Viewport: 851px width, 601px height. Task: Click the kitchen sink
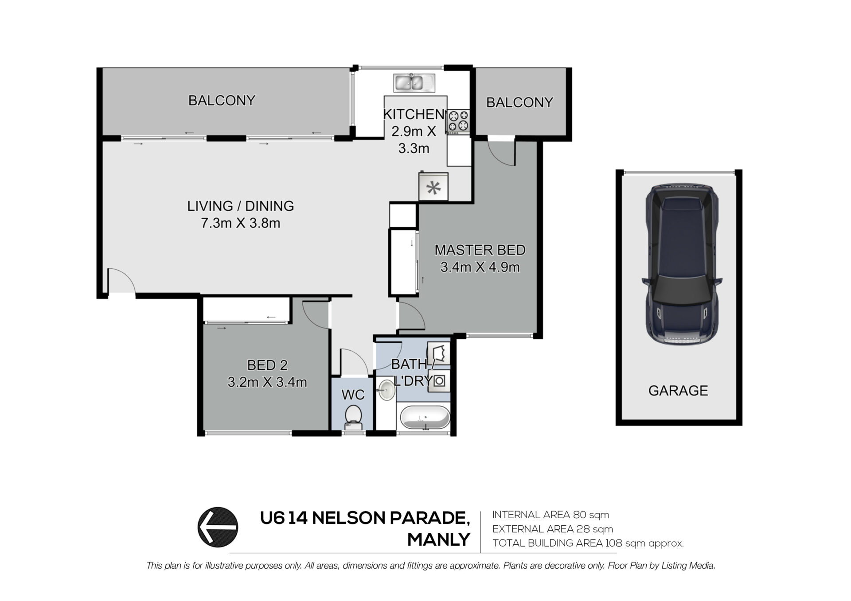[x=414, y=83]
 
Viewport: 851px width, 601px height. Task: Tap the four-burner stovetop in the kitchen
[x=458, y=122]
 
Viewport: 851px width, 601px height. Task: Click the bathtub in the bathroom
[x=425, y=418]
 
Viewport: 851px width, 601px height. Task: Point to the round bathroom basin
[x=386, y=391]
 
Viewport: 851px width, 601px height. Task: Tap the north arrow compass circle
[x=218, y=527]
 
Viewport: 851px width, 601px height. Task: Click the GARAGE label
[x=678, y=391]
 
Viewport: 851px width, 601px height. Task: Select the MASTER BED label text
[x=480, y=250]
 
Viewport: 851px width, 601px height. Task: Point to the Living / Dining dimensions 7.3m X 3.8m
[x=241, y=223]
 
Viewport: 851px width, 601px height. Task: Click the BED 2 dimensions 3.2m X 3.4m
[x=267, y=382]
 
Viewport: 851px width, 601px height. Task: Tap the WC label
[x=353, y=395]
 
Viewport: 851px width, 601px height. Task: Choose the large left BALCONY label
[x=222, y=101]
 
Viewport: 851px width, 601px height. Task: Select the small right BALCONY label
[x=519, y=103]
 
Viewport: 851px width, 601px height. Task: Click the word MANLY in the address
[x=438, y=540]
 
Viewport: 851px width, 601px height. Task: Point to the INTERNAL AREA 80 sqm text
[x=550, y=515]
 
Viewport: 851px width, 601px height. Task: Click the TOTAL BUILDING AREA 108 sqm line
[x=588, y=543]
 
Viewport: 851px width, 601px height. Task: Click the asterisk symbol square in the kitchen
[x=433, y=187]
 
